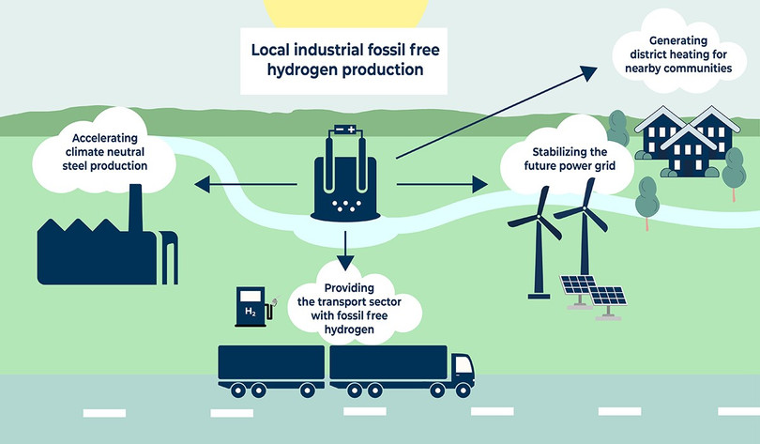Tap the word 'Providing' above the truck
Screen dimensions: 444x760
pos(348,286)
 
